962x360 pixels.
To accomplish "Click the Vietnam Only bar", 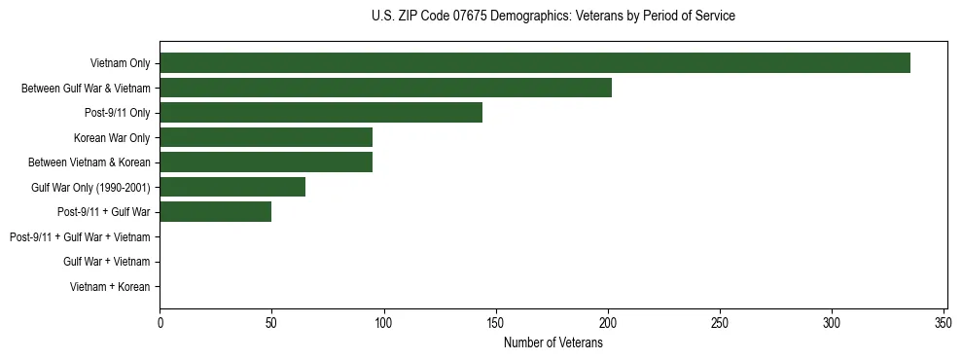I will (x=535, y=63).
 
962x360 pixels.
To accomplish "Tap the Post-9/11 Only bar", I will (x=321, y=113).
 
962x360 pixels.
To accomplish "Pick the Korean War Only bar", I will (x=266, y=137).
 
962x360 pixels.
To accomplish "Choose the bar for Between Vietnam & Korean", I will (x=266, y=162).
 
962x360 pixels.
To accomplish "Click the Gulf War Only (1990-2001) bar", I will (x=232, y=187).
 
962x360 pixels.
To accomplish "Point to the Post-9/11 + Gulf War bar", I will (x=215, y=212).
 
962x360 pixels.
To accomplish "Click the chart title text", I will (x=553, y=17).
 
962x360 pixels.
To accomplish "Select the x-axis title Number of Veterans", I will (x=553, y=342).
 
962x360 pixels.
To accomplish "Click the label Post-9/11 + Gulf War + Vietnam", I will (x=80, y=236).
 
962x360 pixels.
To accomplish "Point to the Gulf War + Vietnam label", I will (x=106, y=262).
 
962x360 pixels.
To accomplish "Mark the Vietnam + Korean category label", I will (x=110, y=287).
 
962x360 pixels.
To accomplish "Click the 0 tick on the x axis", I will (x=160, y=322).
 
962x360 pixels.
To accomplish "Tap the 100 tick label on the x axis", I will (x=384, y=322).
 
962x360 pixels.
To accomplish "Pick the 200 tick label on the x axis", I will (x=608, y=322).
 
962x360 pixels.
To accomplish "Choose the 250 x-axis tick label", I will (x=720, y=322).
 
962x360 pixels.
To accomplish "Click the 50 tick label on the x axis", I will (x=271, y=322).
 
